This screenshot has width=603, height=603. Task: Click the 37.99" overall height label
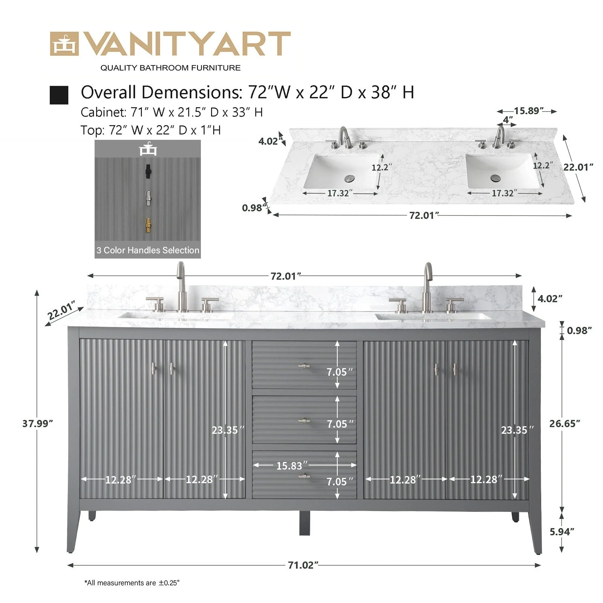(37, 424)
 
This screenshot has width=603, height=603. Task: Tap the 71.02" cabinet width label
(303, 565)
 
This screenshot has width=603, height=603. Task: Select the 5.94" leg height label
(562, 532)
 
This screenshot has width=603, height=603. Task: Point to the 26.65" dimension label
(564, 424)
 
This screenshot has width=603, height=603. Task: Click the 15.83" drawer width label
(292, 466)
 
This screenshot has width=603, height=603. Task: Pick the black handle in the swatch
(148, 172)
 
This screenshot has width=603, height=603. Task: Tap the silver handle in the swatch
(148, 198)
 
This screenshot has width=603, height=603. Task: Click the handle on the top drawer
(304, 366)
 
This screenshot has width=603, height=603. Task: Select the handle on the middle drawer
(304, 421)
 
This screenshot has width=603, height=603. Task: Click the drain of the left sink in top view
(350, 177)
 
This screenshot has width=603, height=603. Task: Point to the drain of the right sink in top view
(494, 177)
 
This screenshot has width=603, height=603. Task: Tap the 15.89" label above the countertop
(528, 111)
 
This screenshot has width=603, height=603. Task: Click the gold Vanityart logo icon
(64, 44)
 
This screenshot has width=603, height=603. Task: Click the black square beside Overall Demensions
(59, 95)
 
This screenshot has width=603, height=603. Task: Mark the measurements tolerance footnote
(132, 583)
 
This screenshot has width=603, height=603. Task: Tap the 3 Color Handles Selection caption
(148, 250)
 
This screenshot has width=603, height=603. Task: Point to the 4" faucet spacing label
(508, 120)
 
